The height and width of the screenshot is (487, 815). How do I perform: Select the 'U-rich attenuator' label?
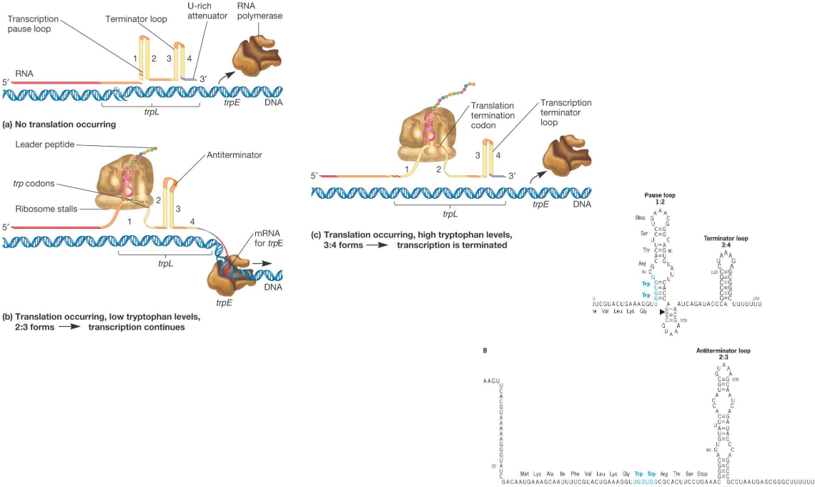point(197,11)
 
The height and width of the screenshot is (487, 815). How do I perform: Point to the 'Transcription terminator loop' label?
point(565,113)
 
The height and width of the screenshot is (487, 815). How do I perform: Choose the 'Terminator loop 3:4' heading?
point(726,242)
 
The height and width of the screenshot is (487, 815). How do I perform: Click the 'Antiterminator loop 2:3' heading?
point(723,354)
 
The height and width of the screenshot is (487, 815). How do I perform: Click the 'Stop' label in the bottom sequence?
point(701,474)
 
